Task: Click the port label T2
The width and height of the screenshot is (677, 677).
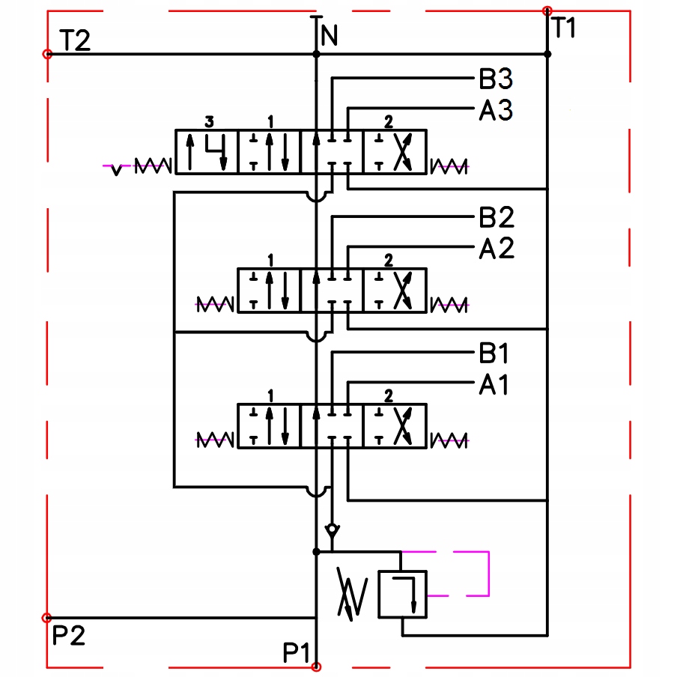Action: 74,40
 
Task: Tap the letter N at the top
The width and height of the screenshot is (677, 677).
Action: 329,34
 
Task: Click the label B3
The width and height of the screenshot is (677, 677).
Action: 496,79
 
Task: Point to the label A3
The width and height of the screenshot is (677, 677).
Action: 496,111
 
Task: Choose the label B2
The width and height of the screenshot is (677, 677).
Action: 496,219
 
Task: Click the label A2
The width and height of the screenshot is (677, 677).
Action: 496,249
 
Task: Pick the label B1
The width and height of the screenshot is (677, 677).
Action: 494,353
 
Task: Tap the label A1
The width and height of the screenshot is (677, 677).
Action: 494,385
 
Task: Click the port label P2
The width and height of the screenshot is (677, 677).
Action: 69,637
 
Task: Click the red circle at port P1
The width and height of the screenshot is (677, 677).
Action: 316,667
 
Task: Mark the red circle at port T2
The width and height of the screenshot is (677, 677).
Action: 47,54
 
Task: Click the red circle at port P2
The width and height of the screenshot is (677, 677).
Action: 47,618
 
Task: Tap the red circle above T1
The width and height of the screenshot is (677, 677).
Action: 547,10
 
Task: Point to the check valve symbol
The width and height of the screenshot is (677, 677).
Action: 332,530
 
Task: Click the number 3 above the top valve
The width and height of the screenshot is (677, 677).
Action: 209,121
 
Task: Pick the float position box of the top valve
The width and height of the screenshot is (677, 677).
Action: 207,152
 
